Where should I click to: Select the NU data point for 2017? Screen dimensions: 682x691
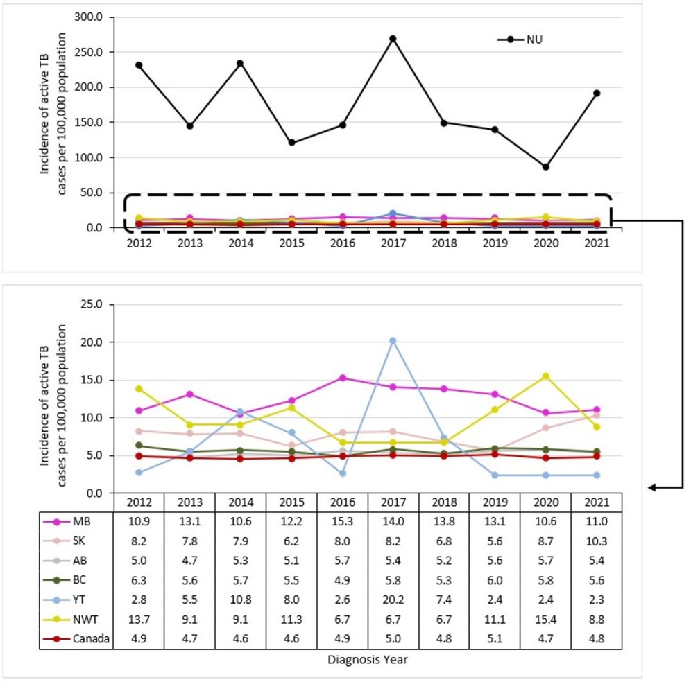[x=393, y=39]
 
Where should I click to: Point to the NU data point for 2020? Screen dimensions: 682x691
[x=546, y=167]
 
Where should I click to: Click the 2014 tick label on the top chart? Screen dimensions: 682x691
[x=240, y=243]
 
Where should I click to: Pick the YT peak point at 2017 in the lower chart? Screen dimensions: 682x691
[x=393, y=340]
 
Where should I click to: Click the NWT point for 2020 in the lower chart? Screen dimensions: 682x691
[x=546, y=376]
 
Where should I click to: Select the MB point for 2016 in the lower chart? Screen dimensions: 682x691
[x=342, y=378]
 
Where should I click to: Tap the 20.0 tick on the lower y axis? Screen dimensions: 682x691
[x=90, y=342]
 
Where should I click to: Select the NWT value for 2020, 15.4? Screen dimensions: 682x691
[x=546, y=620]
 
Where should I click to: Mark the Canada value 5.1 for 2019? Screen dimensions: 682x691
[x=495, y=639]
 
